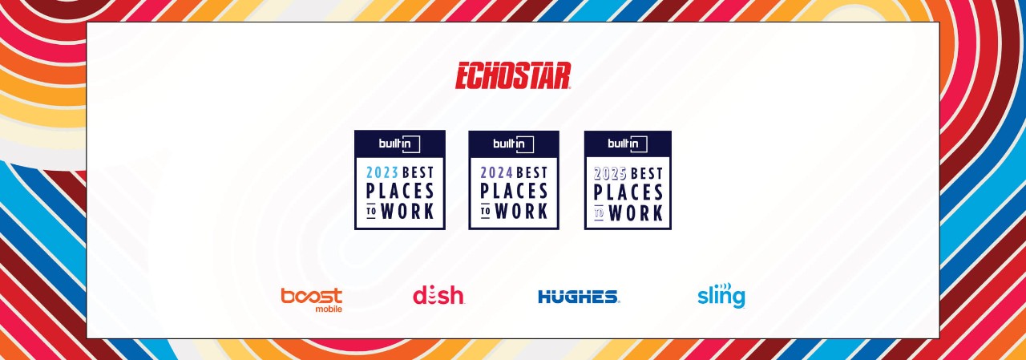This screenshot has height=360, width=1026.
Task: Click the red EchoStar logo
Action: pos(512,75)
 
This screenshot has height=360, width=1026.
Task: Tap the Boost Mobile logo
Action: pos(312,300)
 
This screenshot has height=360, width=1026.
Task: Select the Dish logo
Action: pos(438,295)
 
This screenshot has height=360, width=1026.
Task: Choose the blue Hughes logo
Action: pos(579,297)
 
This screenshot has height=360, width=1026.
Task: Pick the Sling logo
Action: pos(721,295)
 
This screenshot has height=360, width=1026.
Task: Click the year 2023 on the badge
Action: pos(382,172)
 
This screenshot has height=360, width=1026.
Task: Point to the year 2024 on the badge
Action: pos(496,172)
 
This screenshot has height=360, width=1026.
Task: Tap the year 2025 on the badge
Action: pos(610,174)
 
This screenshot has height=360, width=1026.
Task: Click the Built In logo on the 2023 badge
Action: pos(399,144)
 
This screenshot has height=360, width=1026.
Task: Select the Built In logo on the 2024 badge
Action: pos(514,144)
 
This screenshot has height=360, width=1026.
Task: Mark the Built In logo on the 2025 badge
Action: pos(628,144)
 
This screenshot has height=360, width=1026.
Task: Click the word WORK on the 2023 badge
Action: pos(408,211)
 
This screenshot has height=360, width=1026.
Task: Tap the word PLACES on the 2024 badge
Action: pos(514,191)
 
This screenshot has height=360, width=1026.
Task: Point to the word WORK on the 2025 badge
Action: pos(636,212)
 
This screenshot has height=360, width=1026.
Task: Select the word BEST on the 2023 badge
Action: pos(418,172)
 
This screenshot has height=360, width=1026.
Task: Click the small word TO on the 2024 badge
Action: pos(486,211)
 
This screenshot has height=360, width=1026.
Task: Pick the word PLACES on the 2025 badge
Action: pos(628,192)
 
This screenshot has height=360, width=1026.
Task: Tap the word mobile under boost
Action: pos(329,309)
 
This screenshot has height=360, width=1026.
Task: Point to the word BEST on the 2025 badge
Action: pos(646,174)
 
